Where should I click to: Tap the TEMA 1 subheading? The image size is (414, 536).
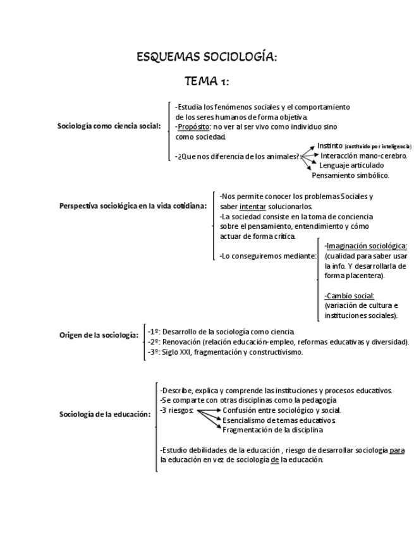pos(206,81)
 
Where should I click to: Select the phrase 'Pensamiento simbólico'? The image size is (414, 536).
pos(350,175)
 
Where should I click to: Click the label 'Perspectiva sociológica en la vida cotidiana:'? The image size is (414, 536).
pos(133,206)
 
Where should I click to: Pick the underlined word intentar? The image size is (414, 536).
pos(252,206)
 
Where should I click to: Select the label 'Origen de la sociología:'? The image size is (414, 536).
pos(99,335)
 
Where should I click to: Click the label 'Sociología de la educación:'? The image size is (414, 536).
pos(105,415)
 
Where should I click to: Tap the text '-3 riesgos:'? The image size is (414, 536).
pos(176,410)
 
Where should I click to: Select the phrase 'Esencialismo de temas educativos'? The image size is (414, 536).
pos(278,420)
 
